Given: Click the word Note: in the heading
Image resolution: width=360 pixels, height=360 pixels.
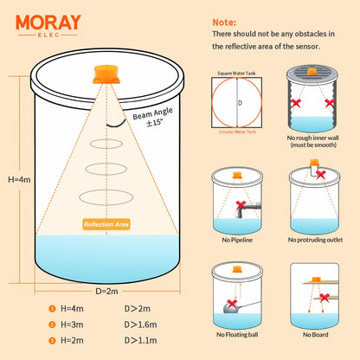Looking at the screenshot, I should [225, 18].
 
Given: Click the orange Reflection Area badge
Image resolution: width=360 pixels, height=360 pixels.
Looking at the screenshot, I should [107, 224].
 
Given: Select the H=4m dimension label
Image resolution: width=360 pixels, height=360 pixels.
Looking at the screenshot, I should [18, 179].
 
